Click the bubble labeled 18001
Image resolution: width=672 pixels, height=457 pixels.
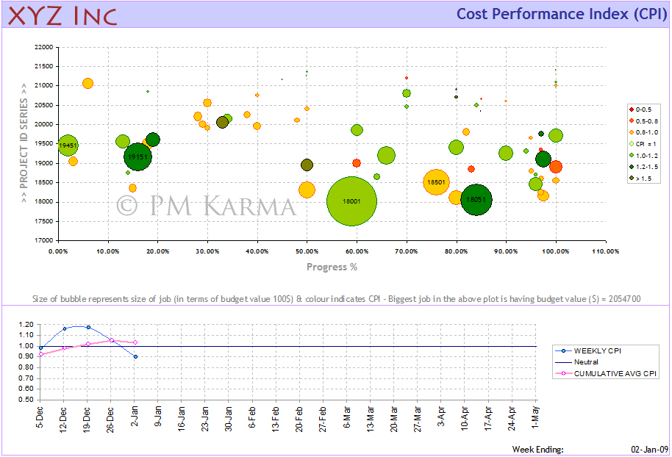(351, 201)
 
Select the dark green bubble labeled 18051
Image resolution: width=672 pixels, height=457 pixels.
(476, 199)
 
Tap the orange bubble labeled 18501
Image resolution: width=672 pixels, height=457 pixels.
(436, 181)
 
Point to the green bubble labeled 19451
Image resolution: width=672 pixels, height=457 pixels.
(68, 146)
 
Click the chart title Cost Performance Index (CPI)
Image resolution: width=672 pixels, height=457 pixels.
(561, 14)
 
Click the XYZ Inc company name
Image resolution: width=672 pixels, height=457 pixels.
(62, 15)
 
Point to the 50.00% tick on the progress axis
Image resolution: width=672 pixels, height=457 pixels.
(307, 251)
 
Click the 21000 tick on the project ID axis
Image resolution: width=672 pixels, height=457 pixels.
(43, 85)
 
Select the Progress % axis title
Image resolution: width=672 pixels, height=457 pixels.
(332, 267)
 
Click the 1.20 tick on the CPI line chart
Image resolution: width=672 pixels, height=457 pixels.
(26, 324)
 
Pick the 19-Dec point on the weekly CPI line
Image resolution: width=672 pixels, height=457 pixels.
(88, 327)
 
